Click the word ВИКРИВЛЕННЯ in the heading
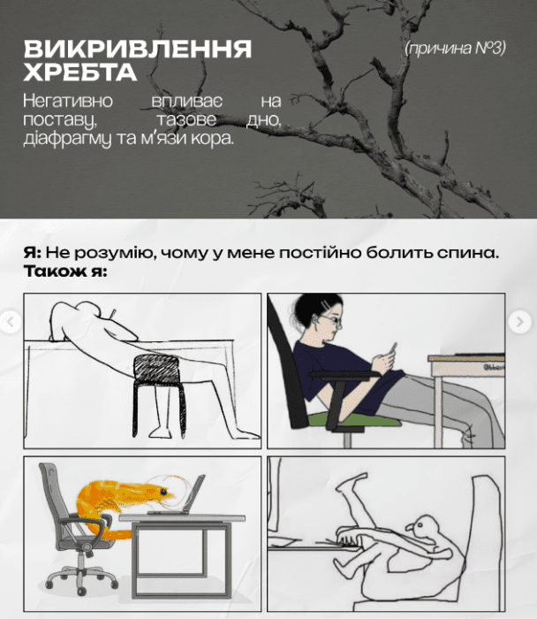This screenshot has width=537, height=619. click(x=138, y=50)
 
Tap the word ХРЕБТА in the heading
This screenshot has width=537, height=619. click(x=80, y=72)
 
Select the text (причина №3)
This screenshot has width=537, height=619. click(x=455, y=48)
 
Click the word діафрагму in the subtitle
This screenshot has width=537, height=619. click(x=67, y=140)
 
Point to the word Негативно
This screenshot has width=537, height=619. click(x=68, y=101)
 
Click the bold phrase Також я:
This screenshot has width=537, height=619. click(x=65, y=271)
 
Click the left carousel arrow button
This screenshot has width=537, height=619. click(x=11, y=322)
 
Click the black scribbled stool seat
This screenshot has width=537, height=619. click(x=157, y=370)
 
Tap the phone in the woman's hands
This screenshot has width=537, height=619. click(x=393, y=348)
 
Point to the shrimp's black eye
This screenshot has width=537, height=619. click(x=163, y=492)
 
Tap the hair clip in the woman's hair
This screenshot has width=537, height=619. click(x=326, y=306)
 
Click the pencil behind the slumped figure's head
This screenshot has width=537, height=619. click(x=112, y=314)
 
